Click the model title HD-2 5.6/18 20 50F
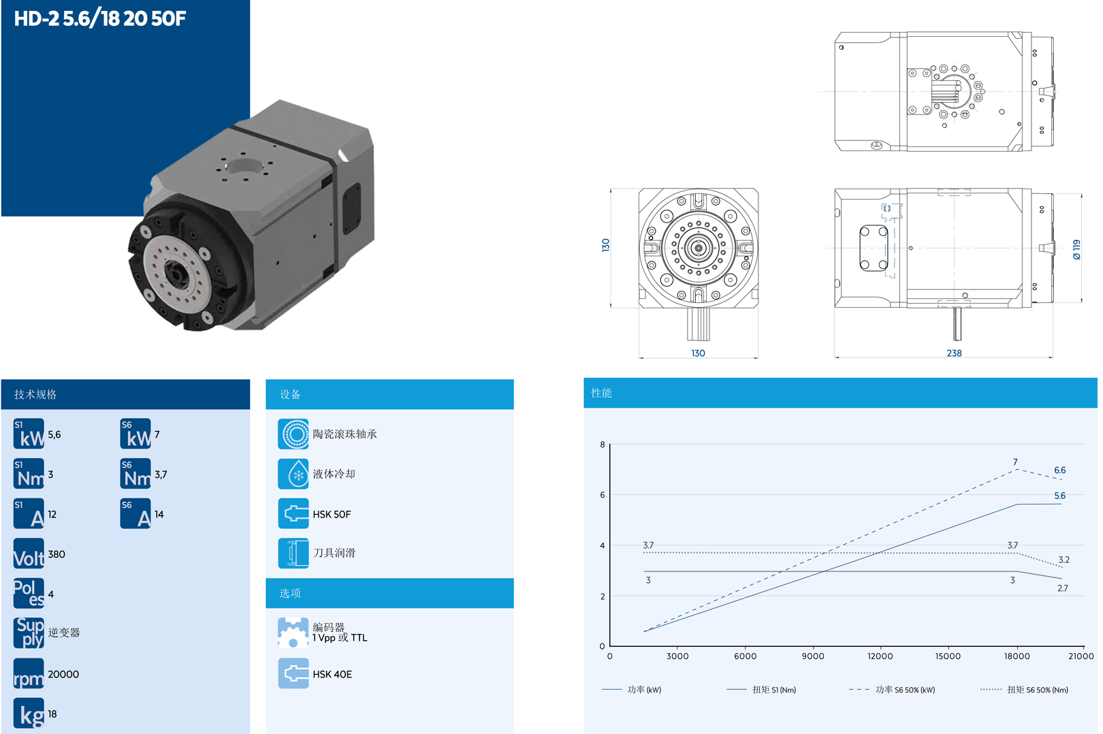pyautogui.click(x=100, y=18)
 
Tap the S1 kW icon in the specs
pyautogui.click(x=29, y=434)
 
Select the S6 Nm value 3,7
pyautogui.click(x=161, y=475)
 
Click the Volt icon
pyautogui.click(x=29, y=554)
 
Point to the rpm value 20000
pyautogui.click(x=63, y=674)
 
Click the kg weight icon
pyautogui.click(x=29, y=713)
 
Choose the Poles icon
pyautogui.click(x=29, y=593)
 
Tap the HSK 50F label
pyautogui.click(x=332, y=515)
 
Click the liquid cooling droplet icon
pyautogui.click(x=293, y=474)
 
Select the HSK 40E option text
pyautogui.click(x=332, y=675)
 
